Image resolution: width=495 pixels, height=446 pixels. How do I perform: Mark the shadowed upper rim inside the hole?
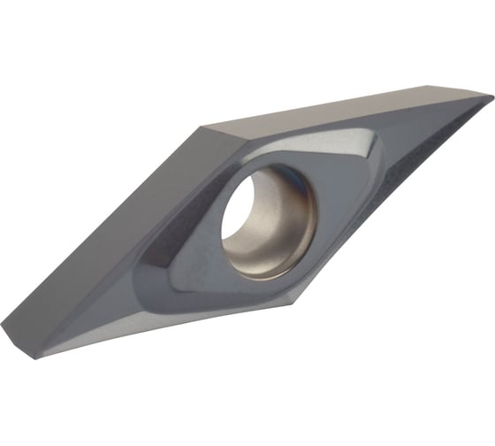coord(256,181)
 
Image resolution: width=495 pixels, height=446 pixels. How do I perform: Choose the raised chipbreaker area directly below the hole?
coord(256,279)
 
